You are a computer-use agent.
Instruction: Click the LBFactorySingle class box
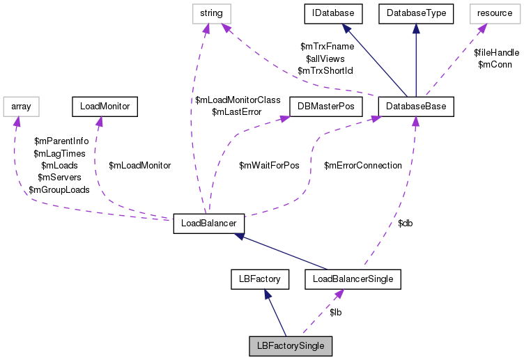(291, 345)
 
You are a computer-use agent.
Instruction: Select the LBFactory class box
(259, 280)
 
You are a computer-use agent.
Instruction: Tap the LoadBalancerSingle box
(353, 280)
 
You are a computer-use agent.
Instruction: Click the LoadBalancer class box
(208, 224)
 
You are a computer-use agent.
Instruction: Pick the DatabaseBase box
(416, 107)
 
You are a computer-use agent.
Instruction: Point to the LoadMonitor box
(105, 107)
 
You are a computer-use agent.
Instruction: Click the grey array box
(21, 107)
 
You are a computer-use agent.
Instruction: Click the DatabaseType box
(416, 13)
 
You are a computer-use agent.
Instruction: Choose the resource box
(495, 13)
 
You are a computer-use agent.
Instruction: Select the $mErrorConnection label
(363, 166)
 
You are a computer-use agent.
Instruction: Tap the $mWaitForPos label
(269, 166)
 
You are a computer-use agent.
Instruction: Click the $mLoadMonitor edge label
(140, 166)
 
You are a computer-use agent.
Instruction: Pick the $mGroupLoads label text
(59, 190)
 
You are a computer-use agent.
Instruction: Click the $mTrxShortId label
(325, 71)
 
